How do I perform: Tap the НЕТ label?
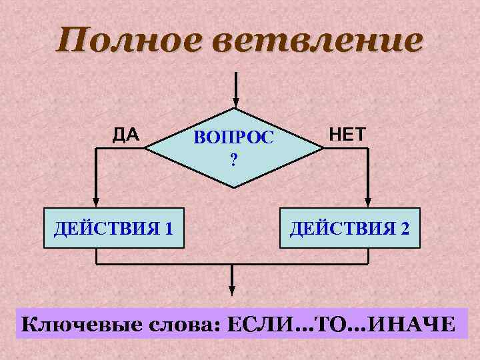347,135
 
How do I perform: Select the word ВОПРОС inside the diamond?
233,138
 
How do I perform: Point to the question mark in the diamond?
233,159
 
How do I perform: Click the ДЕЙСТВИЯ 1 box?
113,229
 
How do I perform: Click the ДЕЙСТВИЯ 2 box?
350,229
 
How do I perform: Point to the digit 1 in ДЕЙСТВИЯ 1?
169,229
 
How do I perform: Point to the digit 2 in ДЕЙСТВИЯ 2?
405,229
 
